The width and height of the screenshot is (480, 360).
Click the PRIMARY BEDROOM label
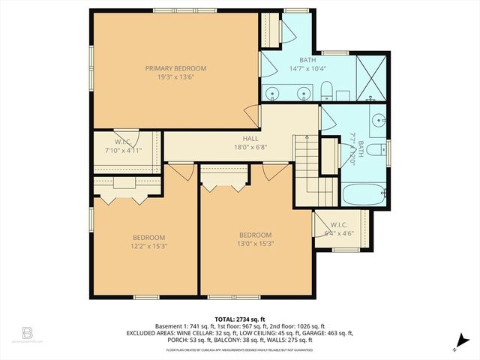pyautogui.click(x=175, y=68)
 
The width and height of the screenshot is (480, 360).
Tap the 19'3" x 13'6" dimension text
pyautogui.click(x=175, y=77)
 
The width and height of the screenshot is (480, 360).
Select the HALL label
pyautogui.click(x=250, y=139)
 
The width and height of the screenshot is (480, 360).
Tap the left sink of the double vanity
pyautogui.click(x=273, y=93)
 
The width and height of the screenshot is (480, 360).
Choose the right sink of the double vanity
pyautogui.click(x=303, y=93)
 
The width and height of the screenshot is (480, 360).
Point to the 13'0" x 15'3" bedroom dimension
pyautogui.click(x=255, y=243)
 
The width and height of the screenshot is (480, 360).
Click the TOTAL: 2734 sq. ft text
pyautogui.click(x=239, y=318)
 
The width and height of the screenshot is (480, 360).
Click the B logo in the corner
pyautogui.click(x=28, y=332)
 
